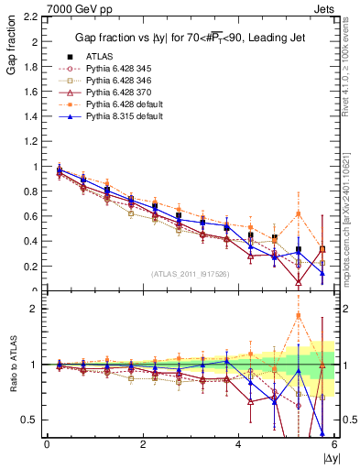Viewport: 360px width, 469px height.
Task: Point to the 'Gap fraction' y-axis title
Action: [11, 42]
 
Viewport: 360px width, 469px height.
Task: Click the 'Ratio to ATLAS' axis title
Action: [11, 365]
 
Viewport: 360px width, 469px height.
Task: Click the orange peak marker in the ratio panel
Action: [299, 316]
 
